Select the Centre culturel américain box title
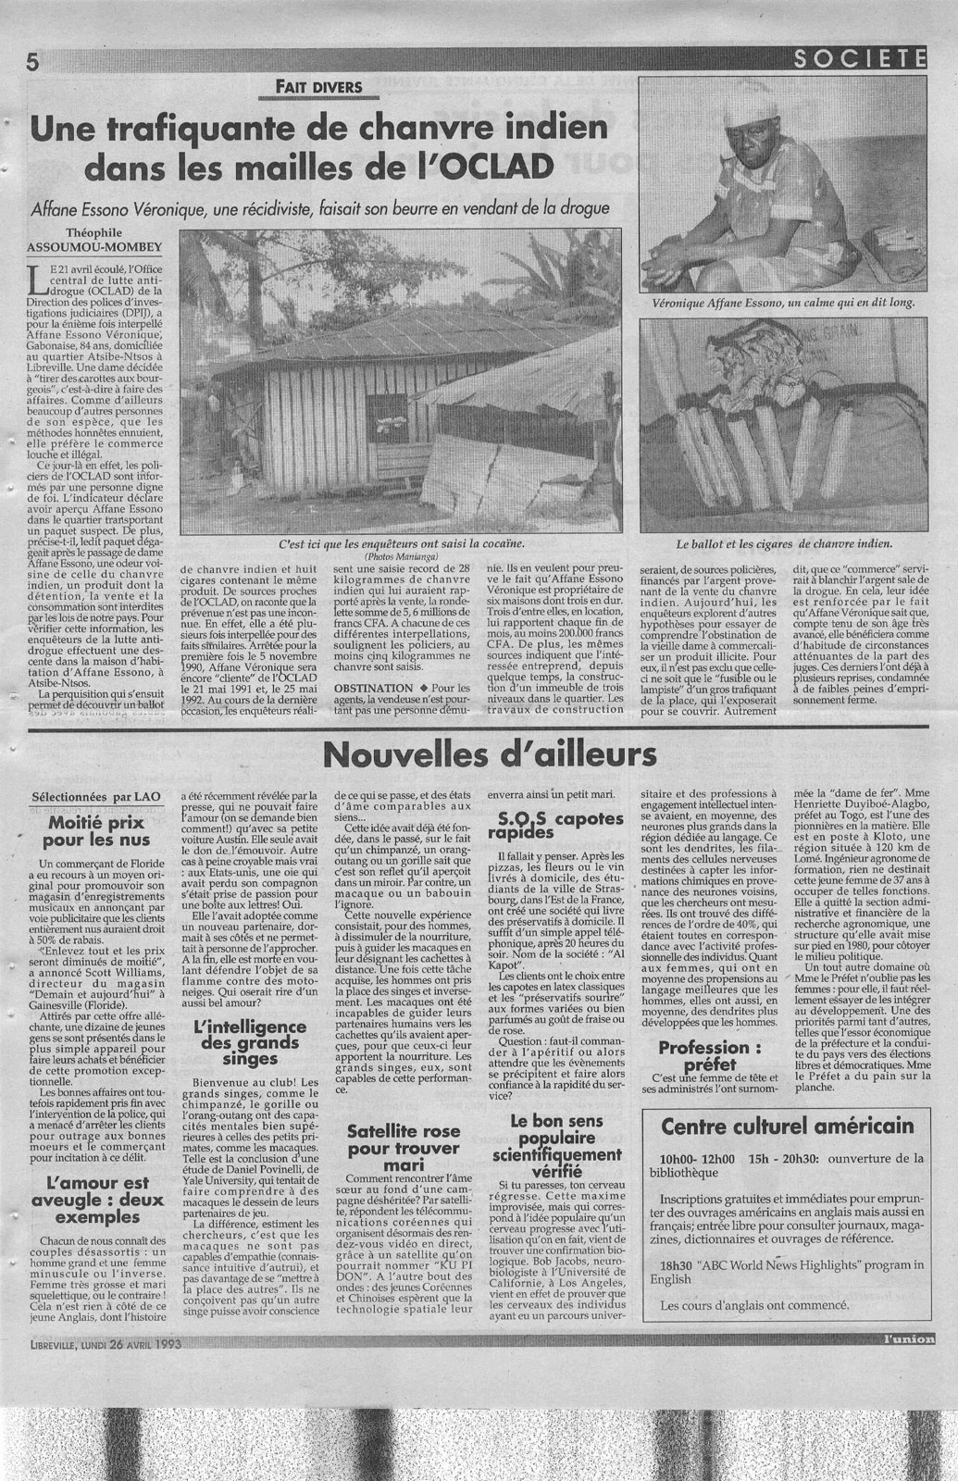787,1126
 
